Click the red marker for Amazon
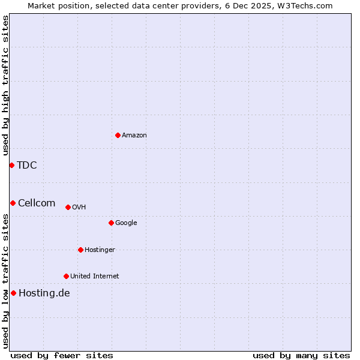point(118,135)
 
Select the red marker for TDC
point(11,165)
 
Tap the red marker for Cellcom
point(13,203)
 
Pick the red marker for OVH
point(68,207)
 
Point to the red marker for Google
point(111,223)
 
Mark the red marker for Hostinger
point(80,250)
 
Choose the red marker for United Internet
point(66,276)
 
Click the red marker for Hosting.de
point(13,293)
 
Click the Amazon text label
point(134,136)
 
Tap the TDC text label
point(26,166)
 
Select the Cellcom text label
point(37,203)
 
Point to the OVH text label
point(79,208)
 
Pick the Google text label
point(126,223)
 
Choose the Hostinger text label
point(100,250)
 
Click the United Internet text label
point(94,277)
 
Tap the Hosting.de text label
point(44,293)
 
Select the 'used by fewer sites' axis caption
point(62,355)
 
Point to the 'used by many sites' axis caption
point(301,355)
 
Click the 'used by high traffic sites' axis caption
point(5,85)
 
